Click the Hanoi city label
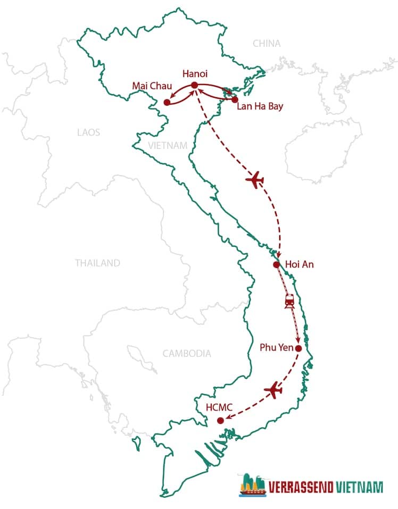[x=194, y=74]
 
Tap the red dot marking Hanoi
[x=194, y=85]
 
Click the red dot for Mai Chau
[x=167, y=102]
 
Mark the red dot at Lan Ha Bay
[x=235, y=99]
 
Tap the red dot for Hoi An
[x=276, y=264]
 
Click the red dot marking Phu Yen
[x=298, y=348]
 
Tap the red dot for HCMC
[x=220, y=421]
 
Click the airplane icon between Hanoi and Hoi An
[x=255, y=180]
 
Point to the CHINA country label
[x=267, y=44]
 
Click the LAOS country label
[x=88, y=132]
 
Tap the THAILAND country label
[x=97, y=263]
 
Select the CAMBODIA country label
[x=187, y=353]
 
